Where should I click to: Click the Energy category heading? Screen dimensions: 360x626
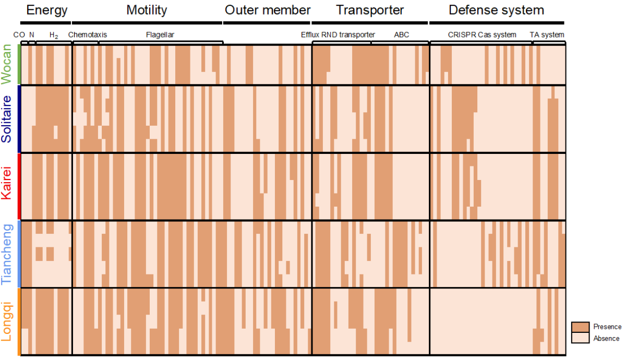coord(47,10)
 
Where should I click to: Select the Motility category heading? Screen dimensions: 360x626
coord(147,10)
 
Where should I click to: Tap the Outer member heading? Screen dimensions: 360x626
coord(268,10)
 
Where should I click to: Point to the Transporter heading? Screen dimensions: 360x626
coord(370,10)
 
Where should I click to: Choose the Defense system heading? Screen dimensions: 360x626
coord(496,10)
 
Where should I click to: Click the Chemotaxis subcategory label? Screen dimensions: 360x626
coord(88,35)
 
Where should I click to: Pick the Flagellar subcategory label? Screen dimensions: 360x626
coord(160,35)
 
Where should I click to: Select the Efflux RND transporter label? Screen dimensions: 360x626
coord(338,35)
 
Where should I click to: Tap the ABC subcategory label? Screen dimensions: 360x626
coord(402,35)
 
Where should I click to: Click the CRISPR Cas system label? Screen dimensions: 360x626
coord(482,35)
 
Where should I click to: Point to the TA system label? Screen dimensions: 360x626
coord(547,35)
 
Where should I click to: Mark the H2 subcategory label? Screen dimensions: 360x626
coord(53,35)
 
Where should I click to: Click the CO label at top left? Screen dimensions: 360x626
coord(19,35)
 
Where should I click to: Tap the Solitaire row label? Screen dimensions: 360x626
coord(7,119)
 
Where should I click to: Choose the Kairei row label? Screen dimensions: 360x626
coord(7,186)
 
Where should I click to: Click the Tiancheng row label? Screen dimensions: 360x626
coord(7,254)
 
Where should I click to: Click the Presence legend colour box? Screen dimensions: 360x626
coord(580,327)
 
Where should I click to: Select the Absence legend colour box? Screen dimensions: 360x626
coord(580,338)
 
